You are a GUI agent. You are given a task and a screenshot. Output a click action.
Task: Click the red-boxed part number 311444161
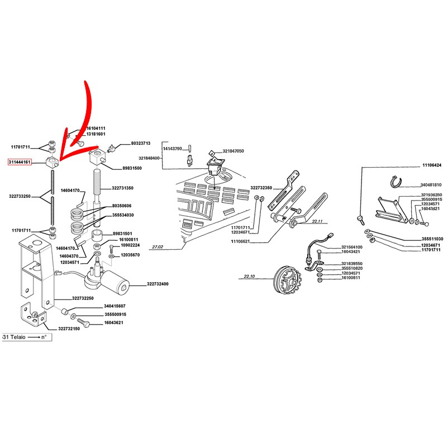coord(20,162)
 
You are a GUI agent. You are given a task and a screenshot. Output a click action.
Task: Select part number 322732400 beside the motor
coord(158,284)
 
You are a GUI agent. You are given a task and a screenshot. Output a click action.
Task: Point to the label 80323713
coord(141,143)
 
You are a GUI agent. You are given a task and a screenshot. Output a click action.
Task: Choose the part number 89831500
coord(132,168)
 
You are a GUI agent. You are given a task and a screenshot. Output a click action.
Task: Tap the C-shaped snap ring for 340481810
coord(396,182)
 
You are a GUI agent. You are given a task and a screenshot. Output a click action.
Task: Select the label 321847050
coord(233,151)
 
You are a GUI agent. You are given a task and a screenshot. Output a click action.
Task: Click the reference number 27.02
coord(158,247)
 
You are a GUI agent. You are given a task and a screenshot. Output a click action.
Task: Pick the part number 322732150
coord(69,329)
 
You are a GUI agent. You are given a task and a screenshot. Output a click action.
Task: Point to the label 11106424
coord(431,165)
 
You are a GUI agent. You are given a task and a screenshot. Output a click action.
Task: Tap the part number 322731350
coord(122,188)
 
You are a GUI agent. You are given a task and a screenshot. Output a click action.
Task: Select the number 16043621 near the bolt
coord(113,323)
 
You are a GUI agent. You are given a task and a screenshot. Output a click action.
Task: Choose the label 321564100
coord(352,247)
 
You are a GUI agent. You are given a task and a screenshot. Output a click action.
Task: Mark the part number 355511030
coord(432,239)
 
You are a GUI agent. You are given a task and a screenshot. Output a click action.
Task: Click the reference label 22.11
coord(317,221)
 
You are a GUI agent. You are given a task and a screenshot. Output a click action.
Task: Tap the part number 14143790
coord(172,149)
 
